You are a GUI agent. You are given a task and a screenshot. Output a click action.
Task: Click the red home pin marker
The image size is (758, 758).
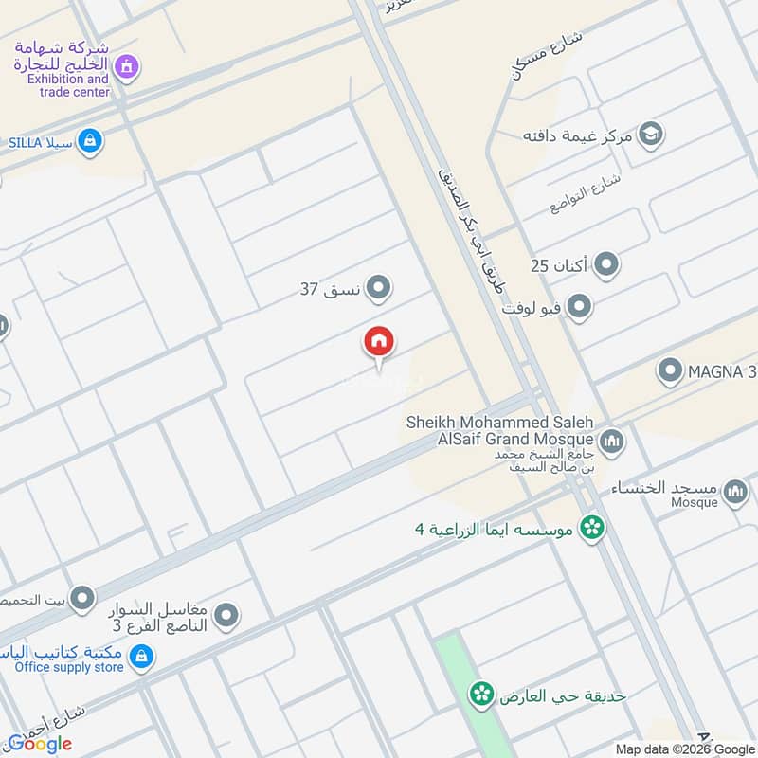[379, 343]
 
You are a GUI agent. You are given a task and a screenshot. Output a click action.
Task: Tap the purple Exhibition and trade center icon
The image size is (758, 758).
[126, 66]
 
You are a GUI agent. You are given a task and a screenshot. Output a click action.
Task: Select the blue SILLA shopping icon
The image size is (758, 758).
[90, 141]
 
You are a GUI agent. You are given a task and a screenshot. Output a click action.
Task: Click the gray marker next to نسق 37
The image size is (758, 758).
[378, 287]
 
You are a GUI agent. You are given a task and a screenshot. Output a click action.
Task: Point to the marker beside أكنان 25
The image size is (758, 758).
[605, 265]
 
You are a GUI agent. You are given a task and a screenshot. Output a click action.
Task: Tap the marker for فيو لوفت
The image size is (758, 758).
[578, 307]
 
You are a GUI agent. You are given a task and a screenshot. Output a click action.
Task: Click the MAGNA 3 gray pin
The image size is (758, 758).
[670, 370]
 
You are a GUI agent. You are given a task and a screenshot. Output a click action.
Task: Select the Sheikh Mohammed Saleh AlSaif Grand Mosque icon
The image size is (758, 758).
[611, 440]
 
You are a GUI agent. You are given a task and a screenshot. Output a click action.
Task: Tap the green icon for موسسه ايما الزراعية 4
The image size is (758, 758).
[593, 527]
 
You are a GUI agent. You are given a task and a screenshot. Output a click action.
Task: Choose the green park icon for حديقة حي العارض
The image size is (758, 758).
[481, 695]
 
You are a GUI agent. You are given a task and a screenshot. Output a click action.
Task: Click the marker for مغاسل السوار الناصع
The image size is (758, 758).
[226, 618]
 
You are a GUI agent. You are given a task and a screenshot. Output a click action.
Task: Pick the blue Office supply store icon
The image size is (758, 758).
[141, 656]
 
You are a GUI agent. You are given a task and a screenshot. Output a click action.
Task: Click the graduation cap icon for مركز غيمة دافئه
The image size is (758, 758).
[650, 134]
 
